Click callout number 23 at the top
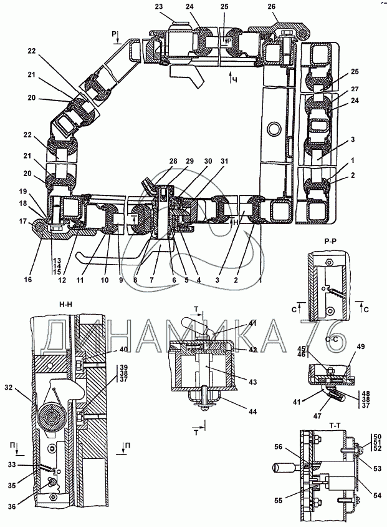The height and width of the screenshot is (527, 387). tap(158, 6)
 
